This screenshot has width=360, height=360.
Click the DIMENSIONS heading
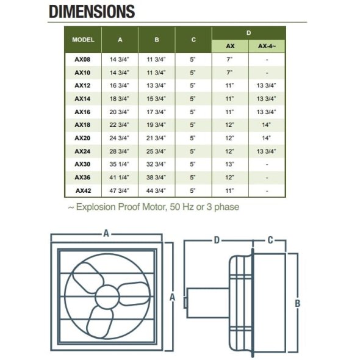coord(92,12)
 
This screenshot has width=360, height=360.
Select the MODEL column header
coord(83,40)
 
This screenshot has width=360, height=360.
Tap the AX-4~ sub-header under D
coord(267,46)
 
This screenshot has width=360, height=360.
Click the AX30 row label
coord(82,164)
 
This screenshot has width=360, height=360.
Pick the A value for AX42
coord(119,190)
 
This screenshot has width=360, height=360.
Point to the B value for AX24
coord(156,151)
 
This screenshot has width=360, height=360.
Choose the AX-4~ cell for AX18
coord(266,124)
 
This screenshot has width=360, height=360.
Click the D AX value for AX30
coord(229,164)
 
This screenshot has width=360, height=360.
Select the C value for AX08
coord(193,59)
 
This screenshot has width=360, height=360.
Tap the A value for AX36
coord(119,177)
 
